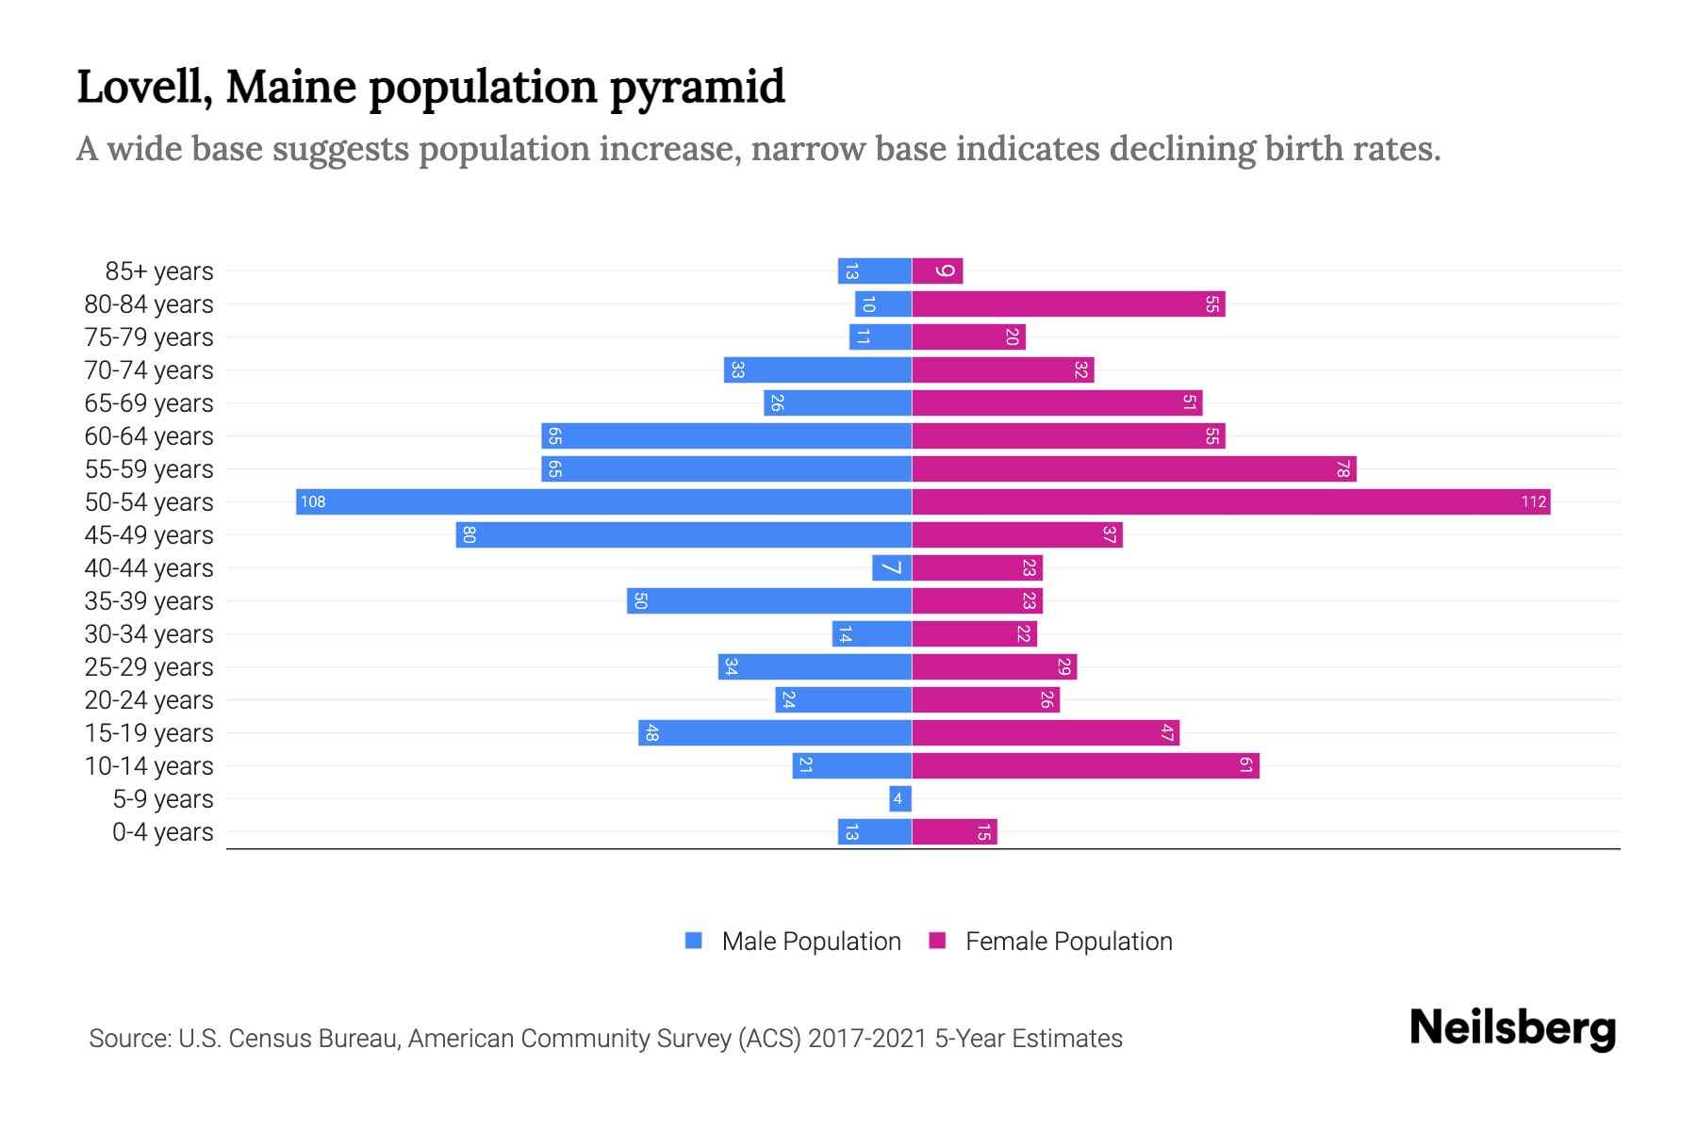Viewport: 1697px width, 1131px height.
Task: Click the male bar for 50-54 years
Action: point(603,501)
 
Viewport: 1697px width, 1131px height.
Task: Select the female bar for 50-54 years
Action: point(1230,501)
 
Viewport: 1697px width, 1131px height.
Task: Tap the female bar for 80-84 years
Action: point(1068,303)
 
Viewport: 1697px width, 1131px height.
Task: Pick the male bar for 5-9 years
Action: point(899,799)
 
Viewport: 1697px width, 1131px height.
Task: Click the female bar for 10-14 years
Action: point(1085,765)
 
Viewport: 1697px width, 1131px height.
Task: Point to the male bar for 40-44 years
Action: point(891,567)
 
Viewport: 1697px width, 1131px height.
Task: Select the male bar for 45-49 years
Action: point(684,534)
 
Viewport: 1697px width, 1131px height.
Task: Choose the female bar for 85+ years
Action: point(937,270)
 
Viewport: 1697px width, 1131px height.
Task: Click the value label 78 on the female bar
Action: point(1343,468)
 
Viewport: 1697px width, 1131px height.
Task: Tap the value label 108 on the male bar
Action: point(313,501)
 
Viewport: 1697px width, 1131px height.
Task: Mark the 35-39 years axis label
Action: point(149,600)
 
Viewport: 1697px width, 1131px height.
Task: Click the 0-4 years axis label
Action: point(162,832)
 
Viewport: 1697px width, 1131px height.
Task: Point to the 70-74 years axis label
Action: point(149,369)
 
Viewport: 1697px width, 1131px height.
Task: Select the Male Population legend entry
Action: point(811,941)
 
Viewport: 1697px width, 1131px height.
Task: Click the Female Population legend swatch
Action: point(937,941)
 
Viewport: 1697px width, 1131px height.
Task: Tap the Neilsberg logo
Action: point(1512,1027)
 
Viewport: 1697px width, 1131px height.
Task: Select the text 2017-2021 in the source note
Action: point(867,1039)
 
